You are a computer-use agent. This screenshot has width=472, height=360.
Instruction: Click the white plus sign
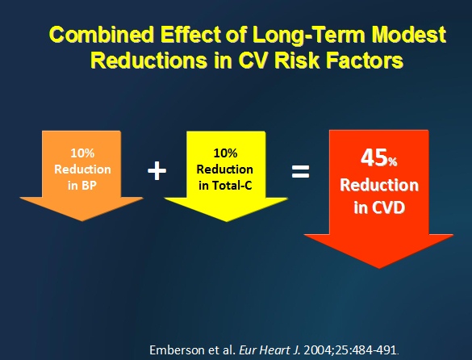[x=157, y=170]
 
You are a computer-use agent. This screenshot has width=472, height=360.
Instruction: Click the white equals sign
[x=300, y=171]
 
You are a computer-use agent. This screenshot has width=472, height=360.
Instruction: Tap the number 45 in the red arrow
[x=374, y=157]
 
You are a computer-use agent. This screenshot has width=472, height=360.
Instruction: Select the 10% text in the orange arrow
[x=82, y=153]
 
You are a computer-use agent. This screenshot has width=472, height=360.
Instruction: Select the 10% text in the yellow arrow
[x=225, y=153]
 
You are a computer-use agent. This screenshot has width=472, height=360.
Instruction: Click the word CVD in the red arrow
[x=388, y=207]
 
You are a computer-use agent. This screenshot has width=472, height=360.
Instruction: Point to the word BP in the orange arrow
[x=89, y=186]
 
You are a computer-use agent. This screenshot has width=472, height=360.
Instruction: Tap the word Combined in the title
[x=102, y=35]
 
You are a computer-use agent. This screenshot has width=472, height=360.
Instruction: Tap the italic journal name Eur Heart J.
[x=269, y=350]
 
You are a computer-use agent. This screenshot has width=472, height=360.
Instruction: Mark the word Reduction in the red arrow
[x=379, y=185]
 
